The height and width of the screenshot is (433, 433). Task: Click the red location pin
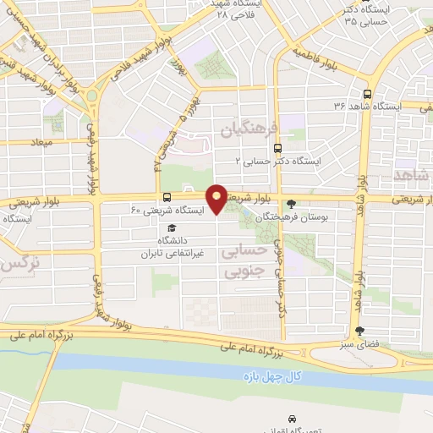pyautogui.click(x=217, y=198)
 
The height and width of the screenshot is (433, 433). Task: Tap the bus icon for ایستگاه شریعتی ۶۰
pyautogui.click(x=166, y=196)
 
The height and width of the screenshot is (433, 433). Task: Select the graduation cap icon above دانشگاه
pyautogui.click(x=173, y=227)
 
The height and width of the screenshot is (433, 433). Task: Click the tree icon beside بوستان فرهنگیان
pyautogui.click(x=292, y=203)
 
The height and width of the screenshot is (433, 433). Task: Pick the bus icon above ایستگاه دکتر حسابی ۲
pyautogui.click(x=255, y=149)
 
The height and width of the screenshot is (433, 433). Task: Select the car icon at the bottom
pyautogui.click(x=292, y=419)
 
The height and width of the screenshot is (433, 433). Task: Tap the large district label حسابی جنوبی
pyautogui.click(x=244, y=261)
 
